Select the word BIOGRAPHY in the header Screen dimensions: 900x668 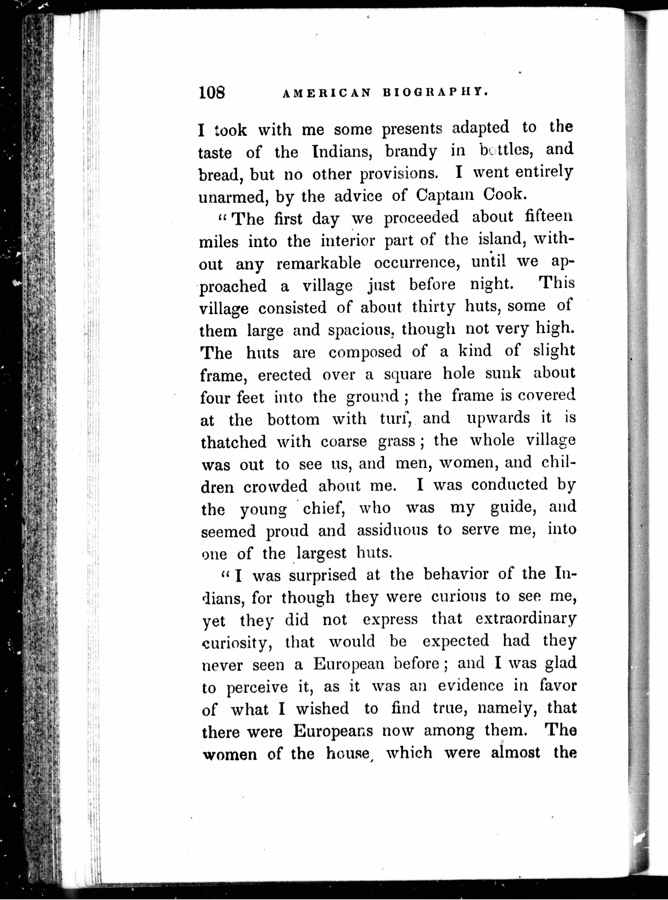[435, 92]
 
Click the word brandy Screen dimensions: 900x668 [411, 151]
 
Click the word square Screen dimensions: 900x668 [408, 374]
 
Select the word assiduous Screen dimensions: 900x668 [392, 530]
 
